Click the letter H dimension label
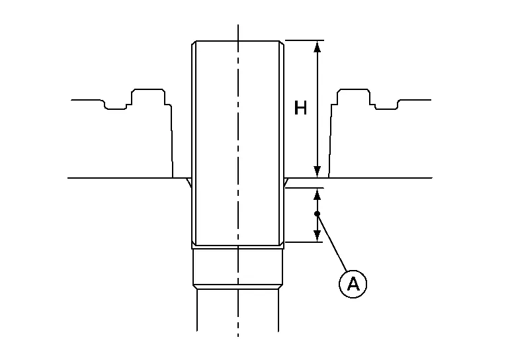click(300, 108)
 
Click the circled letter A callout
click(353, 284)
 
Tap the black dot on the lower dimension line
click(317, 214)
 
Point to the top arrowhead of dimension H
click(317, 47)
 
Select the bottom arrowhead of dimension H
click(317, 172)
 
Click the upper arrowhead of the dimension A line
click(317, 194)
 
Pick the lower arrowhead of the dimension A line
click(317, 236)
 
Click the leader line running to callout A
click(333, 242)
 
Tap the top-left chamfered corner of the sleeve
click(194, 43)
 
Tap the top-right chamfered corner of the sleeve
click(282, 43)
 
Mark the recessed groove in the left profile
click(115, 105)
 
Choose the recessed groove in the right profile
click(386, 105)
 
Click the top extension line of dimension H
click(304, 40)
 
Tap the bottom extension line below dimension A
click(304, 242)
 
